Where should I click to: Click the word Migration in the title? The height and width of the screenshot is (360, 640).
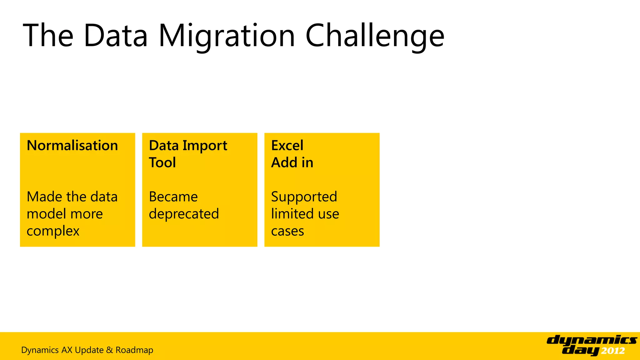(227, 36)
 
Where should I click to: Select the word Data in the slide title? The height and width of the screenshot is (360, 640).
(116, 36)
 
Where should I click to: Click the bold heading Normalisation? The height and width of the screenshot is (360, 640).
(72, 146)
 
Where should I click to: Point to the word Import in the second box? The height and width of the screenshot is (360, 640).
(205, 146)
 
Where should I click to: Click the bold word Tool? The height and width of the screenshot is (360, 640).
(162, 163)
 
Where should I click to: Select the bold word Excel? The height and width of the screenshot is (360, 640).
(287, 146)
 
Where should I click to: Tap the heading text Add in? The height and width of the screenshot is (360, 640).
(292, 163)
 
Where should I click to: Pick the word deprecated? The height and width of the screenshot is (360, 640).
(184, 214)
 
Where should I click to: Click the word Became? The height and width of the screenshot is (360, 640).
(173, 197)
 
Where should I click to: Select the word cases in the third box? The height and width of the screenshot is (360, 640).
(287, 231)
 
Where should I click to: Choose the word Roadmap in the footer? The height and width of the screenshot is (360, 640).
(134, 350)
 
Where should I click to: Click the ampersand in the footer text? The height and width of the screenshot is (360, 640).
(109, 350)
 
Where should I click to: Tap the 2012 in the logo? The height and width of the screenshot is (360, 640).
(613, 351)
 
